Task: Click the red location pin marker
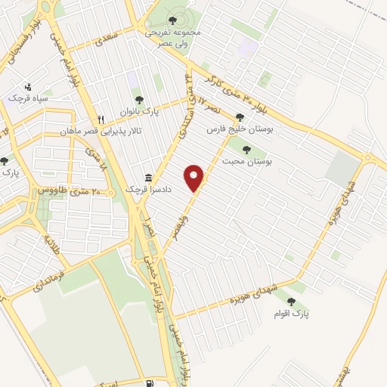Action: point(195,178)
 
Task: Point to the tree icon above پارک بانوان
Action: point(138,98)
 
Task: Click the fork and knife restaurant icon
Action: point(99,119)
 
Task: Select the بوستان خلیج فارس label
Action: point(241,129)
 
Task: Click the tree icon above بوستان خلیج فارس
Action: point(240,117)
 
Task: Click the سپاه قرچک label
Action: point(28,98)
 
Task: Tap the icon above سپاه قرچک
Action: point(28,85)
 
